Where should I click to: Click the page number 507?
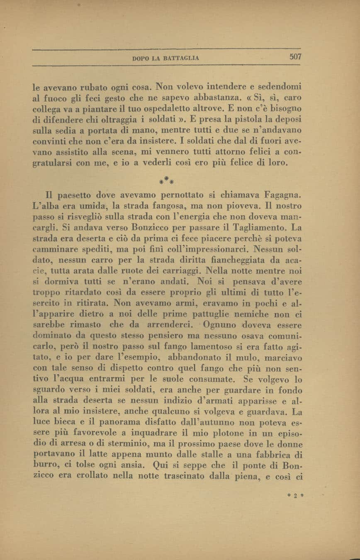(x=295, y=57)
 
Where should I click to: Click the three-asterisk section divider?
(x=166, y=180)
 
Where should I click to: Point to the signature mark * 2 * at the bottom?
(x=296, y=495)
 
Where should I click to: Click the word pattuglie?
(x=209, y=314)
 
